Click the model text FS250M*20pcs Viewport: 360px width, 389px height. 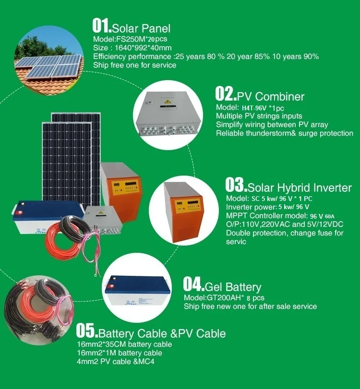130,39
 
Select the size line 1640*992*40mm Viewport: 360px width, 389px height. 132,47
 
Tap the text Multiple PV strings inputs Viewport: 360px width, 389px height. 259,116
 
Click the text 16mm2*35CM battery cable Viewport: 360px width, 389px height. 124,344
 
